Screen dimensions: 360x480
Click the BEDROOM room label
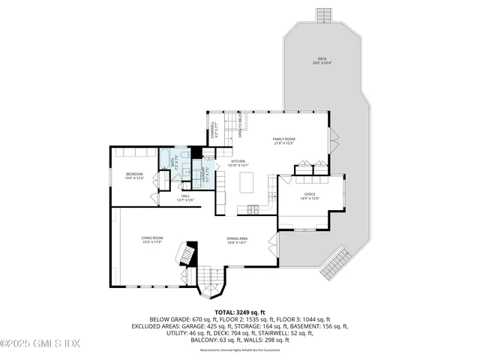[133, 176]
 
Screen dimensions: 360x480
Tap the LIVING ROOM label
[152, 240]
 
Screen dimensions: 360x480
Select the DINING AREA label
[238, 240]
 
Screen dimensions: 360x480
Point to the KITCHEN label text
[238, 163]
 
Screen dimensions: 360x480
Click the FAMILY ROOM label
[283, 140]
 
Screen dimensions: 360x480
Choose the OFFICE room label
[310, 196]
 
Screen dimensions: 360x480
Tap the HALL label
[184, 198]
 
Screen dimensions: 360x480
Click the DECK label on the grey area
[322, 60]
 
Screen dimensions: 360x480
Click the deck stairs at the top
[323, 16]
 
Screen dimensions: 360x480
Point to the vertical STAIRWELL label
[213, 130]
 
